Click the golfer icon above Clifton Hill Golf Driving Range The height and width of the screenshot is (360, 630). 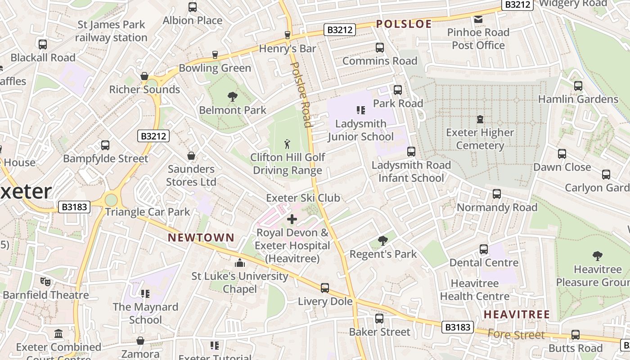(x=287, y=144)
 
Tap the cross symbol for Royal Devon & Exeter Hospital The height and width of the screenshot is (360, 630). (x=292, y=220)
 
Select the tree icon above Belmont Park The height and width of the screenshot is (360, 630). (x=232, y=96)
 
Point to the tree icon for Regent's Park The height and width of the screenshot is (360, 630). (x=383, y=241)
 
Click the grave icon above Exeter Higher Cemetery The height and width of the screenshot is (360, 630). (x=480, y=119)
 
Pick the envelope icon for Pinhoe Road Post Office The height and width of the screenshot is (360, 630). (x=478, y=19)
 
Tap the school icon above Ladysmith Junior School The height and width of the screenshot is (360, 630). (x=360, y=110)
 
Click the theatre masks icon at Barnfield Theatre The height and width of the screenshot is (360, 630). (x=45, y=282)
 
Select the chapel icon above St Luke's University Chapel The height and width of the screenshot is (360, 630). (x=240, y=262)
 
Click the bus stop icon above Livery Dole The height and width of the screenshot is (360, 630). (x=324, y=288)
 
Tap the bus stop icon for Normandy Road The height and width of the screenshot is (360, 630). (x=496, y=194)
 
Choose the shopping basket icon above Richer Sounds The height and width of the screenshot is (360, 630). (x=144, y=76)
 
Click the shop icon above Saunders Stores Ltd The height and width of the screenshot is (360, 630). (x=191, y=156)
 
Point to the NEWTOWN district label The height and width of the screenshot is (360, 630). (x=201, y=238)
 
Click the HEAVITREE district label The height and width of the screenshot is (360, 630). (x=517, y=315)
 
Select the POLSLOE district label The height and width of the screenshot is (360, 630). (x=404, y=24)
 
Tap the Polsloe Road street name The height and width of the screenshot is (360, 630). (x=301, y=94)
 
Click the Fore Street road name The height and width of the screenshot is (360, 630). (x=516, y=334)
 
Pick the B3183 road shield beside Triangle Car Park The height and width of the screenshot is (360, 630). (x=75, y=207)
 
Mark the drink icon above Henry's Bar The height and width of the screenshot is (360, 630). (x=288, y=35)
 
